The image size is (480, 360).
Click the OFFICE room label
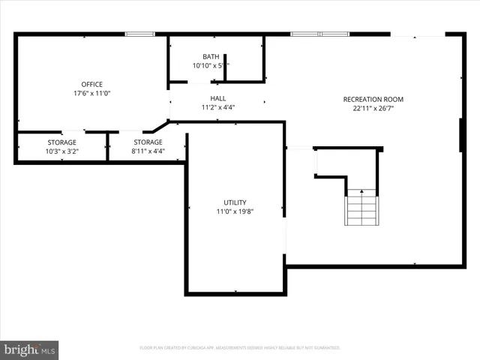click(91, 84)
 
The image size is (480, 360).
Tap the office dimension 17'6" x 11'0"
click(91, 94)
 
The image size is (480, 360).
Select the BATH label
click(211, 57)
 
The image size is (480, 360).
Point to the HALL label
click(218, 98)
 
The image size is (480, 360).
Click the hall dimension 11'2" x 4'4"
click(218, 108)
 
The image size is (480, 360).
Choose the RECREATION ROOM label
click(373, 99)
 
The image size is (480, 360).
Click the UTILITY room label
click(235, 202)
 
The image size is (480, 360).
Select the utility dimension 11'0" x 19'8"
click(235, 212)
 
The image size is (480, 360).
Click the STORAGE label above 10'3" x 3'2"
click(61, 142)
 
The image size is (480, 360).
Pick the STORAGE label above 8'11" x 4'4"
click(148, 142)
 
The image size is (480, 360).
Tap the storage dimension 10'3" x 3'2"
click(61, 151)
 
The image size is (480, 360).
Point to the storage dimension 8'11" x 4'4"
click(148, 151)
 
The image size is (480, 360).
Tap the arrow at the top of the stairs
click(361, 192)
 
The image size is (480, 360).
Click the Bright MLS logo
click(29, 349)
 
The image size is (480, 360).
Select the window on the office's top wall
click(139, 34)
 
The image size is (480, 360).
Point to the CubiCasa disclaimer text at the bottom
click(240, 348)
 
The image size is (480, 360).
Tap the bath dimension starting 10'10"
click(211, 66)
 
